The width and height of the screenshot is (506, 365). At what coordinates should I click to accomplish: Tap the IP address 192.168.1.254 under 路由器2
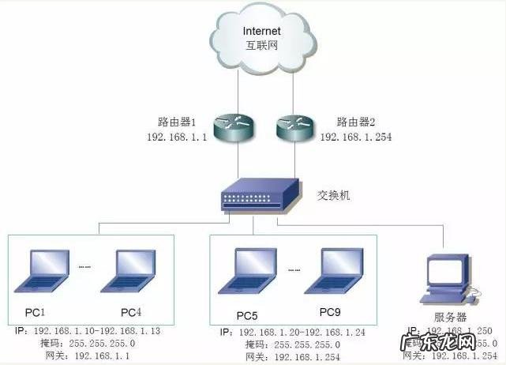(355, 137)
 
